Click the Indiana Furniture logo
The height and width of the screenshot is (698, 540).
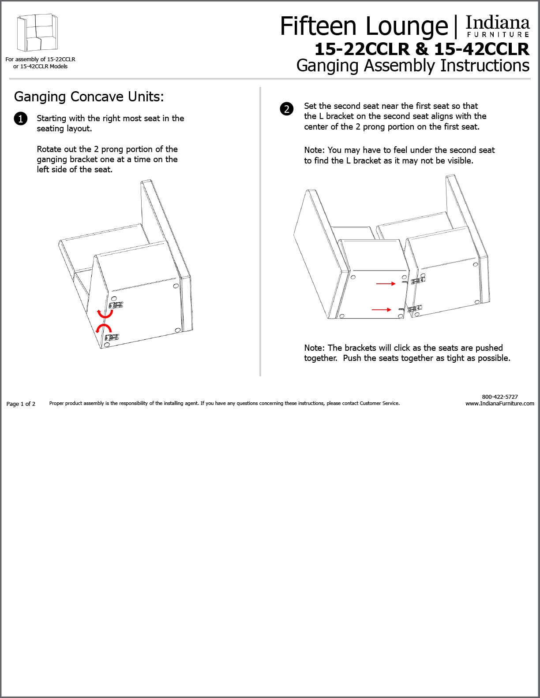[x=498, y=26]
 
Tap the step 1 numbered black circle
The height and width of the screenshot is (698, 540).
[x=20, y=119]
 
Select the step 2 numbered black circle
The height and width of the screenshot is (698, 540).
[x=286, y=109]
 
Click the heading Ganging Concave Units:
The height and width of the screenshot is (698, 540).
[x=89, y=97]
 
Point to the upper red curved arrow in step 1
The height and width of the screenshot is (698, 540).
[x=105, y=314]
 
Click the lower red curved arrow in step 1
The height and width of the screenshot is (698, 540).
[x=104, y=328]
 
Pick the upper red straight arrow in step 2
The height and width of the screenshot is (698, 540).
[x=386, y=284]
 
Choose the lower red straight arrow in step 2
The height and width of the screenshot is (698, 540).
[x=381, y=310]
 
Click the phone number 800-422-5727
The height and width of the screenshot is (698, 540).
[x=499, y=397]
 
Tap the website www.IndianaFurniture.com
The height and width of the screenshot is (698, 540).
[x=499, y=403]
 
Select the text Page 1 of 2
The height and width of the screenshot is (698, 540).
[x=21, y=404]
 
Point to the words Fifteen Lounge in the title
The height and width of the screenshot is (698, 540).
[x=364, y=26]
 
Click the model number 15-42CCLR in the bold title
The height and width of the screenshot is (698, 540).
[x=481, y=49]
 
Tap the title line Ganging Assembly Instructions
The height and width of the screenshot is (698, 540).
[x=412, y=66]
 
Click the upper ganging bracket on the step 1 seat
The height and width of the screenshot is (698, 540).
[x=116, y=305]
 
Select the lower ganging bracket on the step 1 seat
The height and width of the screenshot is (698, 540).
[x=112, y=338]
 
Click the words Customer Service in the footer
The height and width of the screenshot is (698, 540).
[x=379, y=403]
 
